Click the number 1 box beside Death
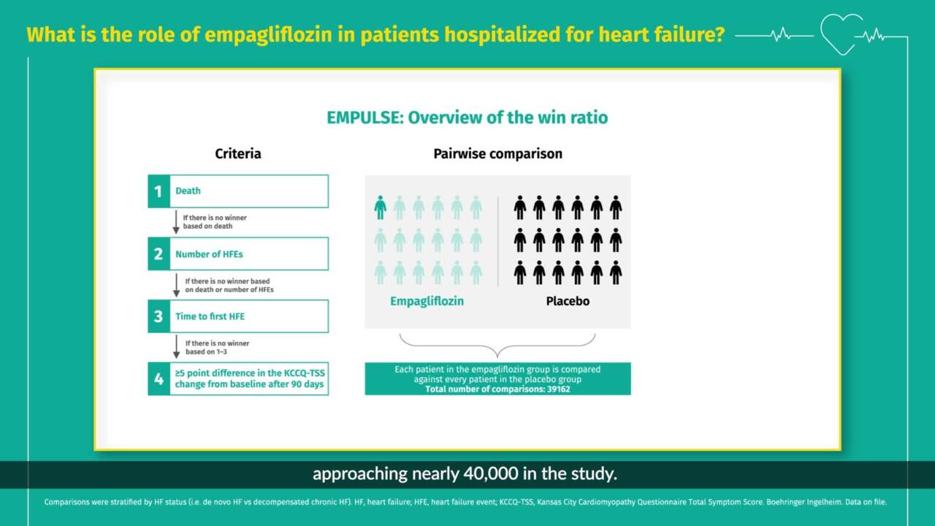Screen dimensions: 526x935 [158, 191]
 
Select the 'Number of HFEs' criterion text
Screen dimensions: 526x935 [209, 254]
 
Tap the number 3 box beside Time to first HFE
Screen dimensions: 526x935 [158, 316]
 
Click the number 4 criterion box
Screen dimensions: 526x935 [158, 378]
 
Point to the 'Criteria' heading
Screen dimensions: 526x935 [237, 154]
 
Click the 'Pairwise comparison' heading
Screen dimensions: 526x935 [497, 154]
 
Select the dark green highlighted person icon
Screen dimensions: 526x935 [380, 207]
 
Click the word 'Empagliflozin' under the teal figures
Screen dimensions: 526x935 [427, 301]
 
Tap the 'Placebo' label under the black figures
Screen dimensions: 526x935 [568, 301]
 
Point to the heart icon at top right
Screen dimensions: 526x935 [841, 33]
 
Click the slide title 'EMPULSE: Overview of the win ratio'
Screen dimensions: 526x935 [467, 118]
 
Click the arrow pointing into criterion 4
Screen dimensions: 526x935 [176, 347]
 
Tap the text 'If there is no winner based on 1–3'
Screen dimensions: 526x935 [217, 347]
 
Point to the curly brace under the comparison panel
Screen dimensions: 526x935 [497, 346]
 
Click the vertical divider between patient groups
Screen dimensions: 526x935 [498, 240]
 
